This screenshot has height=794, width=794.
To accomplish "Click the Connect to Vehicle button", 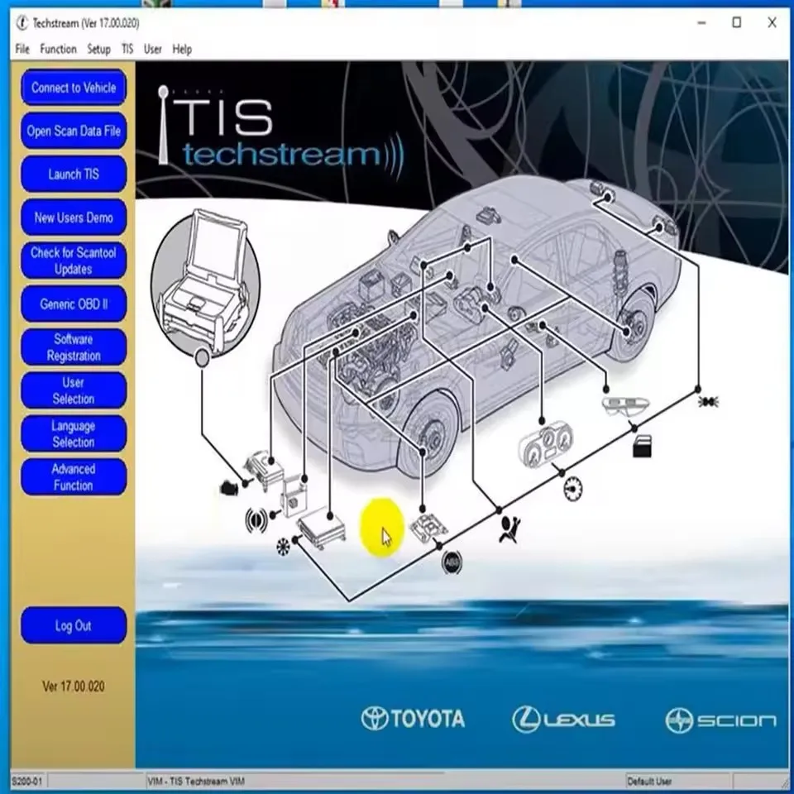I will (x=74, y=88).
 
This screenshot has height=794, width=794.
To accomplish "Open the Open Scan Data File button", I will (x=74, y=131).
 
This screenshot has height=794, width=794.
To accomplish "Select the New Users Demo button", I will (x=74, y=218).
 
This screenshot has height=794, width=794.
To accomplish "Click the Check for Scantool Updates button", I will (x=74, y=261).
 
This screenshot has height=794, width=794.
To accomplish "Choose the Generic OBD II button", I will (x=74, y=304).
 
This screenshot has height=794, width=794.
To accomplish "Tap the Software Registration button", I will (x=74, y=347).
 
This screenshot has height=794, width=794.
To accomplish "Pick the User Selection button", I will (x=74, y=390).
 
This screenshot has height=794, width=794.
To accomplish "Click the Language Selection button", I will (x=74, y=433).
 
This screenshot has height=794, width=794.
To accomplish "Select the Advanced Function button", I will (x=74, y=477).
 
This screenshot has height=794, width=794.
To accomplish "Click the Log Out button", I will (x=74, y=626).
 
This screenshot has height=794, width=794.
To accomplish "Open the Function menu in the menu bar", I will (x=59, y=50).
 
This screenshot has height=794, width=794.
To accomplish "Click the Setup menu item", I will (x=98, y=50).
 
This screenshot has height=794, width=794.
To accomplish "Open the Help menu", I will (x=182, y=50).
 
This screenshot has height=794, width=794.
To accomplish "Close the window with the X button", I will (x=772, y=22).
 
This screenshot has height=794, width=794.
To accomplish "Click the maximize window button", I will (x=736, y=22).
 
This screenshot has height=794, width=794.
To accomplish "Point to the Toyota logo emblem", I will (x=375, y=719).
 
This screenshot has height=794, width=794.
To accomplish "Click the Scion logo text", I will (x=735, y=720).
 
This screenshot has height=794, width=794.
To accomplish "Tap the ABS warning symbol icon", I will (x=452, y=562).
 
